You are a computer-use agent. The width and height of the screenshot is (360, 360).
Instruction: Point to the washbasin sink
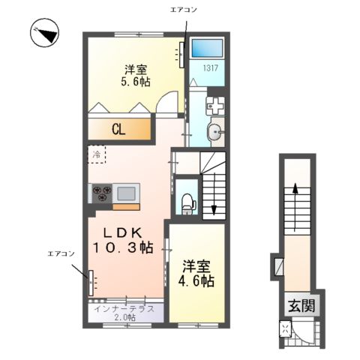click(214, 135)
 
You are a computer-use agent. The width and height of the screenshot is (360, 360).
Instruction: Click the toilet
click(188, 202)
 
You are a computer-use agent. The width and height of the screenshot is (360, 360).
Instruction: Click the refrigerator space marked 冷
click(97, 154)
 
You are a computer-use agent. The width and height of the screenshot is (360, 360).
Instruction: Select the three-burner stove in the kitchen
click(103, 193)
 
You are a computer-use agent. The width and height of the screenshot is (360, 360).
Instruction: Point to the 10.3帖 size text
click(123, 247)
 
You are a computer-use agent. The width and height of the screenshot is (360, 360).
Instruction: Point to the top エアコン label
click(184, 11)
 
